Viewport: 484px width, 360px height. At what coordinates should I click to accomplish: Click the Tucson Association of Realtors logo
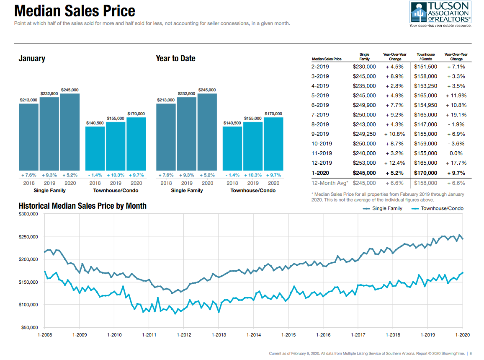440,14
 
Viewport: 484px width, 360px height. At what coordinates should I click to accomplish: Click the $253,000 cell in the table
364,163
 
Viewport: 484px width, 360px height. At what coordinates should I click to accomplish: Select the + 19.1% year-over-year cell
456,115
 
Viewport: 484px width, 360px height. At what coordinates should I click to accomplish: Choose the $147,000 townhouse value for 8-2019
425,124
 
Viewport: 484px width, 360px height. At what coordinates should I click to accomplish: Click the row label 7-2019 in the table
320,115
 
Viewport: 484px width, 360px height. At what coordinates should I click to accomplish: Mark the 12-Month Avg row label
329,183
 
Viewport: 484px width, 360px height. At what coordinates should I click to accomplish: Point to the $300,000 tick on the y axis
28,214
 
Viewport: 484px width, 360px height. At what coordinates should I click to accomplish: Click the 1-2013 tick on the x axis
219,335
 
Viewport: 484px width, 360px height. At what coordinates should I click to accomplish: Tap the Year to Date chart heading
175,59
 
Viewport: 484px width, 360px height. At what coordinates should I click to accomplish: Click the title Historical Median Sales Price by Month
82,206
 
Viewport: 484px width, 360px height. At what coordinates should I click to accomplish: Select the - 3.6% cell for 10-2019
456,144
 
